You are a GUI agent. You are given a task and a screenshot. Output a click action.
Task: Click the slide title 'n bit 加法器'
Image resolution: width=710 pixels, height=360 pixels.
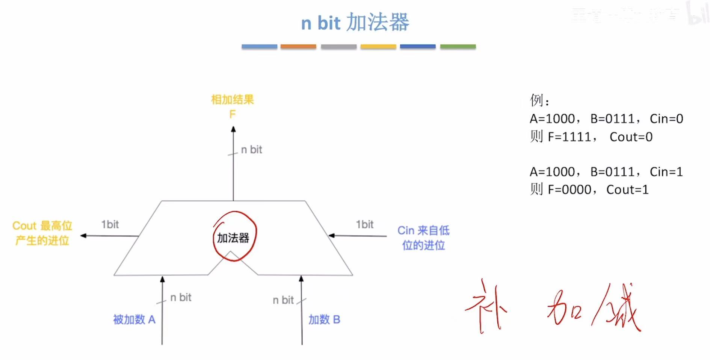(x=355, y=23)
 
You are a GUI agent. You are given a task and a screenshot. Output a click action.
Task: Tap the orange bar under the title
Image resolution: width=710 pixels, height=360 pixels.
(x=298, y=47)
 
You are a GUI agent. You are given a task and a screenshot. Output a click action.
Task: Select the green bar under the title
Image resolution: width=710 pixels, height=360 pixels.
(x=458, y=47)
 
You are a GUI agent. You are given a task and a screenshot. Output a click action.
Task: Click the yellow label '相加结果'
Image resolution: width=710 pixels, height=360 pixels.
(x=233, y=100)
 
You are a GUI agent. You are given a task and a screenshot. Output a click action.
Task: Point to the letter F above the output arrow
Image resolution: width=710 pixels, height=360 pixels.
(x=233, y=114)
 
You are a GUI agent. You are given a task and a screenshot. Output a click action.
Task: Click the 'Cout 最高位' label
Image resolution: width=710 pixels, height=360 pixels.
(x=42, y=226)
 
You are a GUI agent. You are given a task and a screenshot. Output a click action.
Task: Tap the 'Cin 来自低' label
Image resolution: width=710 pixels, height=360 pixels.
(x=423, y=230)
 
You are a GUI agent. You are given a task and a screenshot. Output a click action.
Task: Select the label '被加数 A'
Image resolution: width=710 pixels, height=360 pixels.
(x=134, y=319)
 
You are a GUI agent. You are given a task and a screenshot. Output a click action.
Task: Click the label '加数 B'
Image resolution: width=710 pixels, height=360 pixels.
(x=324, y=319)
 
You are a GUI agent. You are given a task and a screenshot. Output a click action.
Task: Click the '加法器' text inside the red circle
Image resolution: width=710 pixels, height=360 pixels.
(x=233, y=238)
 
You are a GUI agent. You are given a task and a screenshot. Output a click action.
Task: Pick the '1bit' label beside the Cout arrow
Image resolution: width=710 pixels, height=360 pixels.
(x=110, y=224)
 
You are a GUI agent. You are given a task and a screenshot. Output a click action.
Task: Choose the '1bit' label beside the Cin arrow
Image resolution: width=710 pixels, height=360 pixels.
(x=364, y=224)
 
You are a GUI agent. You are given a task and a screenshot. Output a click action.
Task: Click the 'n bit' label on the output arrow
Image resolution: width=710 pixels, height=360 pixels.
(x=251, y=150)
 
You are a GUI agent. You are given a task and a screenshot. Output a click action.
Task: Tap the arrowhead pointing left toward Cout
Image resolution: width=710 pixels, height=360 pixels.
(x=83, y=236)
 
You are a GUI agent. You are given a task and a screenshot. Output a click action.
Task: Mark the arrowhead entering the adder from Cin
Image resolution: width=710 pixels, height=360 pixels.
(x=331, y=236)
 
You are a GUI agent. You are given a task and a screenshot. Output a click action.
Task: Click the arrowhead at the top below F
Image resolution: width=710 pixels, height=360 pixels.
(x=233, y=129)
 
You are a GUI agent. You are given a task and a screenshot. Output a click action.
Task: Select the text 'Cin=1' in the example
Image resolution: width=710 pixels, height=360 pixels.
(x=666, y=172)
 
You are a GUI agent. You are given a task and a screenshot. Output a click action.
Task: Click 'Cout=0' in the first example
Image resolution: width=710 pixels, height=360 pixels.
(x=631, y=137)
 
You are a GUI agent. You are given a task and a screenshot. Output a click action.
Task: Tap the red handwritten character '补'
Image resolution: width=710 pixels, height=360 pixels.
(x=486, y=306)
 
